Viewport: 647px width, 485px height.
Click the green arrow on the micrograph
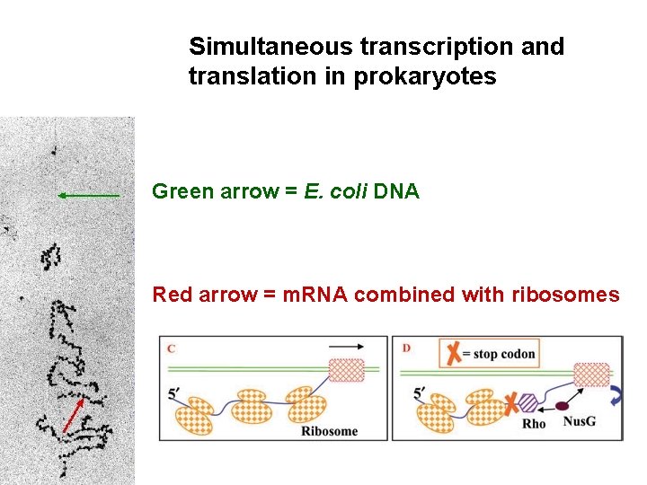(x=88, y=195)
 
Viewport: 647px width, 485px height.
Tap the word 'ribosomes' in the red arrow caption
(x=565, y=295)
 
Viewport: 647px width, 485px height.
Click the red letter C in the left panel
(x=171, y=348)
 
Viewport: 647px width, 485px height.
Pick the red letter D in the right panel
(x=407, y=348)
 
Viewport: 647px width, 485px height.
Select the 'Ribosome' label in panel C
(x=329, y=431)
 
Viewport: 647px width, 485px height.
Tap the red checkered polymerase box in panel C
(x=347, y=370)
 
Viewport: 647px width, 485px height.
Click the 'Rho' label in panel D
(x=534, y=424)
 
